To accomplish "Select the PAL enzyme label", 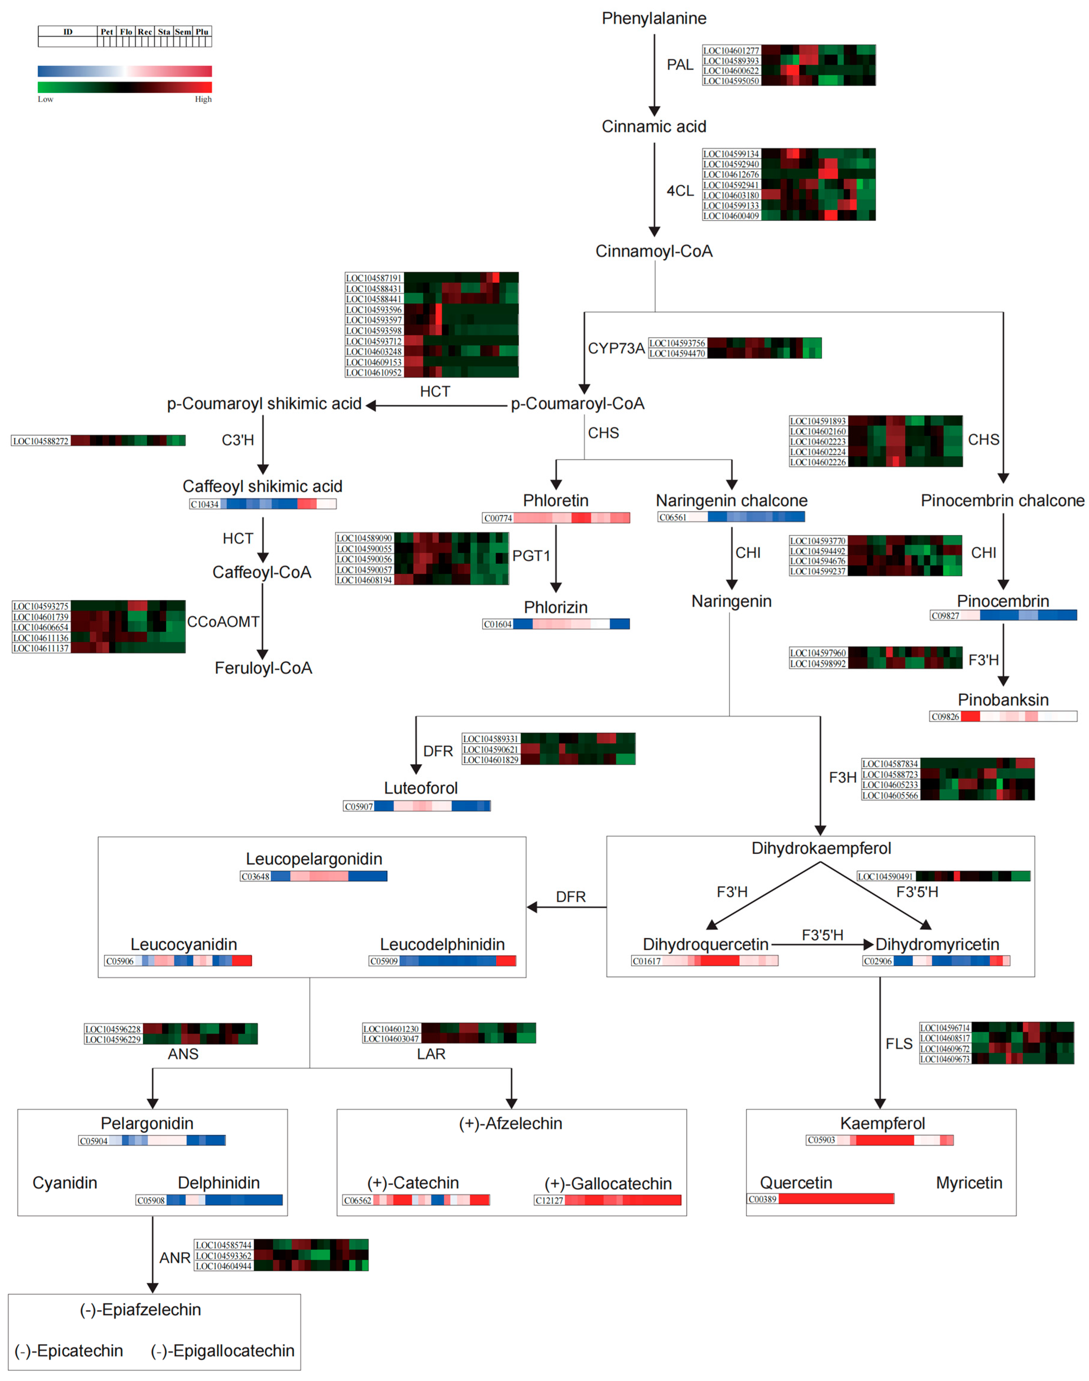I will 680,65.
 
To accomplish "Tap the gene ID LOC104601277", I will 731,51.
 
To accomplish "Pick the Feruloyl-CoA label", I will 263,668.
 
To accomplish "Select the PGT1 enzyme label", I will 531,556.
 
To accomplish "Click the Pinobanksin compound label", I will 1003,700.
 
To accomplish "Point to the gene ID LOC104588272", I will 41,441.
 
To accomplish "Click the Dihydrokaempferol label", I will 821,849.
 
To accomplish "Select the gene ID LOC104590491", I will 885,877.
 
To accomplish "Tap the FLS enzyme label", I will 899,1044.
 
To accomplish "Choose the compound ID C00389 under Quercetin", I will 763,1199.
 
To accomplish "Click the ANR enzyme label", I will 175,1258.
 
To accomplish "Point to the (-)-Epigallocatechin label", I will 223,1351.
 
